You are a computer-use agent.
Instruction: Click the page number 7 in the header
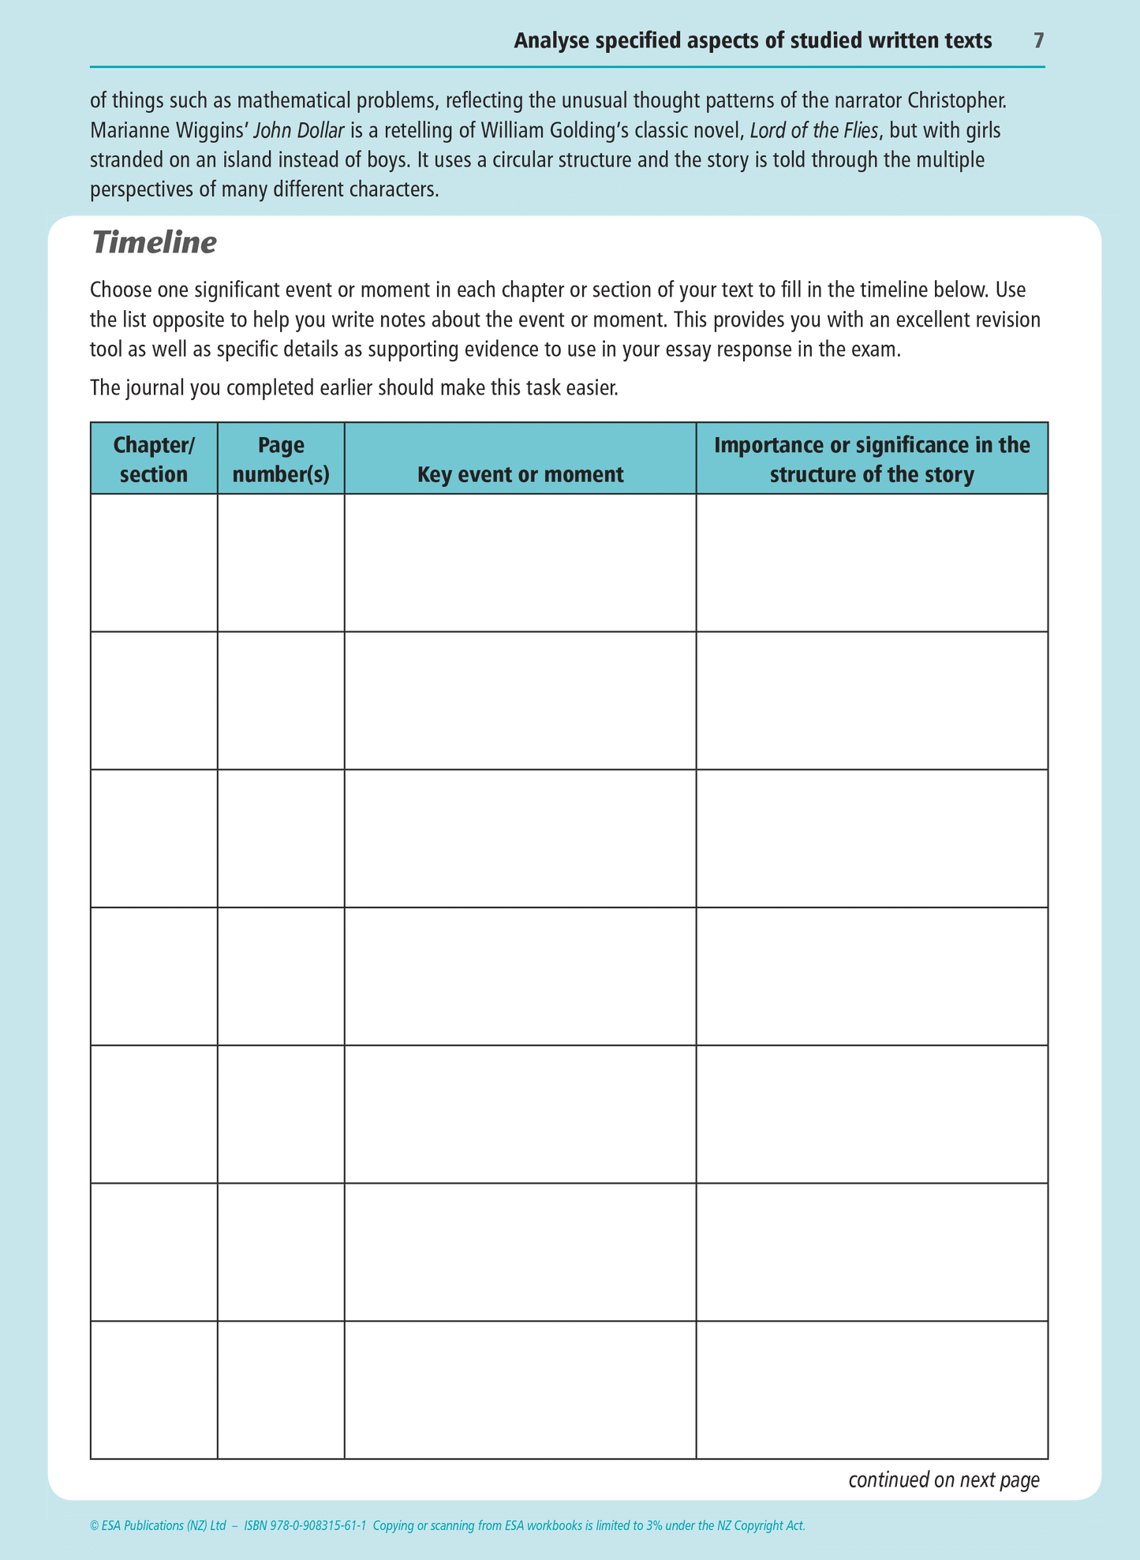pos(1039,41)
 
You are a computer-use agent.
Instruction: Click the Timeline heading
pos(154,242)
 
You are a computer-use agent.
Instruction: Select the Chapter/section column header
pos(154,459)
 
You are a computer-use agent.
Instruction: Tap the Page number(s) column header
pos(281,459)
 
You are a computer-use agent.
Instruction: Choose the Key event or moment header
pos(520,473)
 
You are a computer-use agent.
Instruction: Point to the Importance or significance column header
pos(872,459)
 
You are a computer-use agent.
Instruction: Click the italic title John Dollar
pos(298,130)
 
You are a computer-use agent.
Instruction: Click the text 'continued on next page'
pos(944,1480)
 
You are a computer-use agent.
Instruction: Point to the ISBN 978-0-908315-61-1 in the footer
pos(305,1525)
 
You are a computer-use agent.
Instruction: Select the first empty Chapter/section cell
pos(154,563)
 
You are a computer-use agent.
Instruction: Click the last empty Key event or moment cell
pos(520,1390)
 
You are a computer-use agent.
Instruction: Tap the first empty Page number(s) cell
pos(281,563)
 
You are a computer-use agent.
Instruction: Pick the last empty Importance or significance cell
pos(872,1390)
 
